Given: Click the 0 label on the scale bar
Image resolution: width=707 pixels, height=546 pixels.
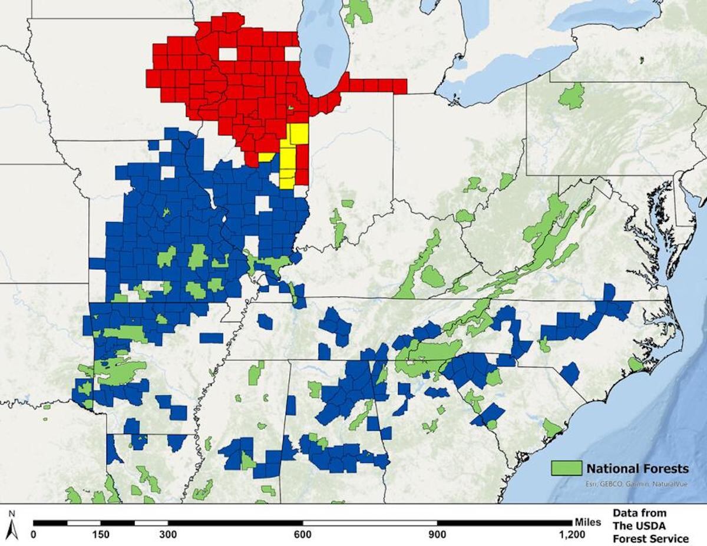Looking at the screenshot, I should pyautogui.click(x=33, y=535).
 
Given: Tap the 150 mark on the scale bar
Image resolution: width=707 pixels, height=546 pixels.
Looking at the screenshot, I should pyautogui.click(x=101, y=535).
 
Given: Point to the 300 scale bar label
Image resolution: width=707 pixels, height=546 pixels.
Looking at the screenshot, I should pyautogui.click(x=169, y=535).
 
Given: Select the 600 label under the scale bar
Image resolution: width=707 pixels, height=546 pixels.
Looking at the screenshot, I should pyautogui.click(x=303, y=535).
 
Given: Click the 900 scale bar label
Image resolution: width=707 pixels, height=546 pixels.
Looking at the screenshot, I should pyautogui.click(x=437, y=535).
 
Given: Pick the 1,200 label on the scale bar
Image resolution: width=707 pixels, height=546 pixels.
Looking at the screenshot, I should pyautogui.click(x=571, y=535).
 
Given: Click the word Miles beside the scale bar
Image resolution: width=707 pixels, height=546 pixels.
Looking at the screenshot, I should pyautogui.click(x=587, y=522).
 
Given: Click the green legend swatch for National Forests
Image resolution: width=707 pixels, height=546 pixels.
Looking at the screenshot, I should pyautogui.click(x=566, y=468).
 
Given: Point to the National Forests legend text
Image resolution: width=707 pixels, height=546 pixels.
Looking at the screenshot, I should pyautogui.click(x=637, y=469).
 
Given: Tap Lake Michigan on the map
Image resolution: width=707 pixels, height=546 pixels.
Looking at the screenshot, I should pyautogui.click(x=319, y=47).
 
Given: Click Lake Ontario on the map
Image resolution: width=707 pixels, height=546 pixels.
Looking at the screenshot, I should pyautogui.click(x=607, y=15).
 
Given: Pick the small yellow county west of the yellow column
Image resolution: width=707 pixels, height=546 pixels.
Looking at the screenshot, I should pyautogui.click(x=266, y=157).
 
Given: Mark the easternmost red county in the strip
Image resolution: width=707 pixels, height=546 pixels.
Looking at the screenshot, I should pyautogui.click(x=400, y=86).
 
